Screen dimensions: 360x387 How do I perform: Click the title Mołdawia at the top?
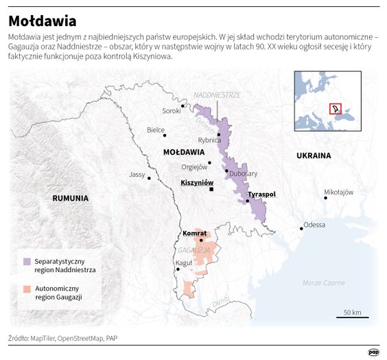click(43, 21)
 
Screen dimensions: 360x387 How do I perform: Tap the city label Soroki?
click(171, 111)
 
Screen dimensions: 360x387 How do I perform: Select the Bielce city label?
click(156, 129)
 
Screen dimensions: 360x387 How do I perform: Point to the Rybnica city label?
click(209, 140)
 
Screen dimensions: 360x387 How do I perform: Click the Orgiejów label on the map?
click(194, 166)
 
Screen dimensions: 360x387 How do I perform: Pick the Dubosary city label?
click(243, 174)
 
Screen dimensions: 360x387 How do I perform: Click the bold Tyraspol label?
click(261, 194)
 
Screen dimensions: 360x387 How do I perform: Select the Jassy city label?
click(137, 175)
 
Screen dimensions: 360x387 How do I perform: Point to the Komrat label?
click(195, 234)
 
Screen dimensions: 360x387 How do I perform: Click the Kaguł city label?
click(184, 263)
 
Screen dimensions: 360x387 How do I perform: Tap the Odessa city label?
click(314, 225)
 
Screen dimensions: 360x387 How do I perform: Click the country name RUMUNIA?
click(71, 198)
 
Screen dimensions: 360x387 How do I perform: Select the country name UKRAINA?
click(314, 156)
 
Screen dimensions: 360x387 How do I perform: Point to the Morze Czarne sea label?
click(323, 282)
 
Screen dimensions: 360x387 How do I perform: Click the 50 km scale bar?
click(352, 317)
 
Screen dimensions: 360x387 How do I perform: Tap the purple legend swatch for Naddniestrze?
click(27, 262)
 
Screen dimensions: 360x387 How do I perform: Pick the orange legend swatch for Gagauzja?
click(27, 289)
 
